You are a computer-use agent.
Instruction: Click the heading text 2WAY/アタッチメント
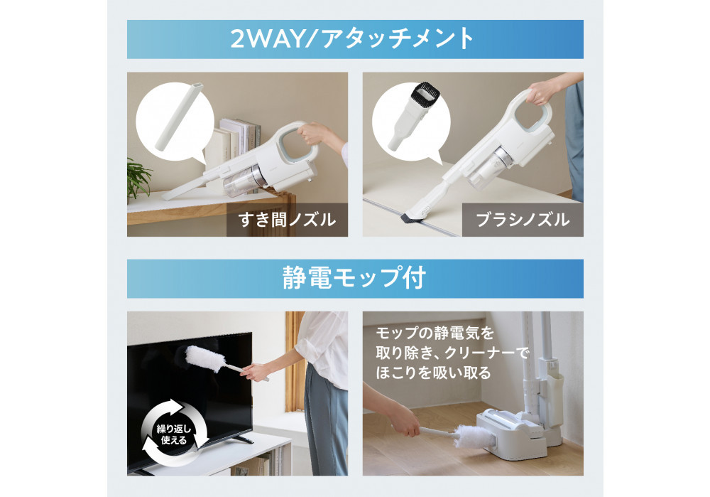click(x=352, y=38)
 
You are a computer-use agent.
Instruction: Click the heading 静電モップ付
click(x=354, y=277)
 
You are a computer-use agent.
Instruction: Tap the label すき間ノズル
click(x=287, y=220)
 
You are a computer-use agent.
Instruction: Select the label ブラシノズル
click(x=523, y=220)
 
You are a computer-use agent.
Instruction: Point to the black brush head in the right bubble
click(x=425, y=93)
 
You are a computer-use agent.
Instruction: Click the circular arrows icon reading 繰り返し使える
click(x=175, y=433)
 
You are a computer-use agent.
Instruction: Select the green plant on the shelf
click(x=138, y=178)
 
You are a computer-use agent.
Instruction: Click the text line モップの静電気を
click(x=435, y=333)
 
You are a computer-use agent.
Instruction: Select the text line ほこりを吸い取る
click(x=433, y=373)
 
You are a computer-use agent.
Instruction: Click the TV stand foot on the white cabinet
click(x=242, y=439)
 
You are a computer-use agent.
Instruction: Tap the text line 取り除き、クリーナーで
click(x=452, y=353)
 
